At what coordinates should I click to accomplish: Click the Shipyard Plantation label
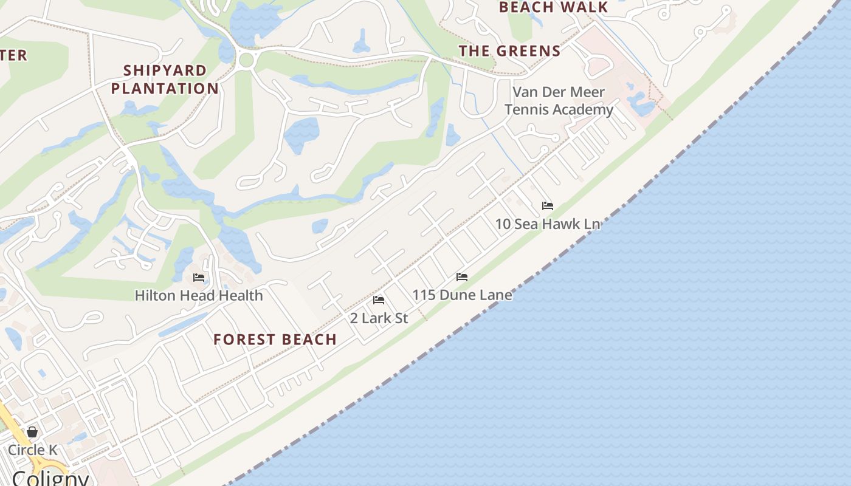click(165, 80)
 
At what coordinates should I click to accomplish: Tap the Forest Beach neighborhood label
click(275, 340)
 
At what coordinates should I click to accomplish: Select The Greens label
click(509, 51)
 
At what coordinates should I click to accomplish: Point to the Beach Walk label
click(553, 7)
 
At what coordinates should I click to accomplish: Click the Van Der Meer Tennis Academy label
click(559, 101)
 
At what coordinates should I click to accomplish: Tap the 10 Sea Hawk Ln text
click(548, 224)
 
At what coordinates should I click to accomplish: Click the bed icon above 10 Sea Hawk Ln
click(548, 206)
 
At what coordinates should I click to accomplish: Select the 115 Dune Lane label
click(462, 295)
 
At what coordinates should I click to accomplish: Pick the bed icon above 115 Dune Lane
click(462, 277)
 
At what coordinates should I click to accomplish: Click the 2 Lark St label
click(379, 318)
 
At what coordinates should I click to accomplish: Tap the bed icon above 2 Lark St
click(379, 300)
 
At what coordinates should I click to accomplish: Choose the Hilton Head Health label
click(199, 296)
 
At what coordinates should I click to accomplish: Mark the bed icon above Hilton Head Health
click(199, 278)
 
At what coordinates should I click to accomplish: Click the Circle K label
click(32, 450)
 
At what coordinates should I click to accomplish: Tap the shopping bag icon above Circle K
click(32, 432)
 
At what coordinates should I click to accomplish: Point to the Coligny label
click(50, 478)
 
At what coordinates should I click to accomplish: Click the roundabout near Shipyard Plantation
click(246, 60)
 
